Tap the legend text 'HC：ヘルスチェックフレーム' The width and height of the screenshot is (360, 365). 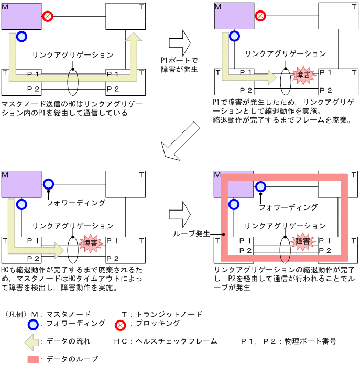(166, 341)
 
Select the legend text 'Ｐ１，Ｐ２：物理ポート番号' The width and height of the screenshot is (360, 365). (288, 341)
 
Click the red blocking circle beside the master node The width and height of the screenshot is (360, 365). (48, 16)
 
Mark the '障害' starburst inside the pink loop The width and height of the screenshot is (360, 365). (303, 242)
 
